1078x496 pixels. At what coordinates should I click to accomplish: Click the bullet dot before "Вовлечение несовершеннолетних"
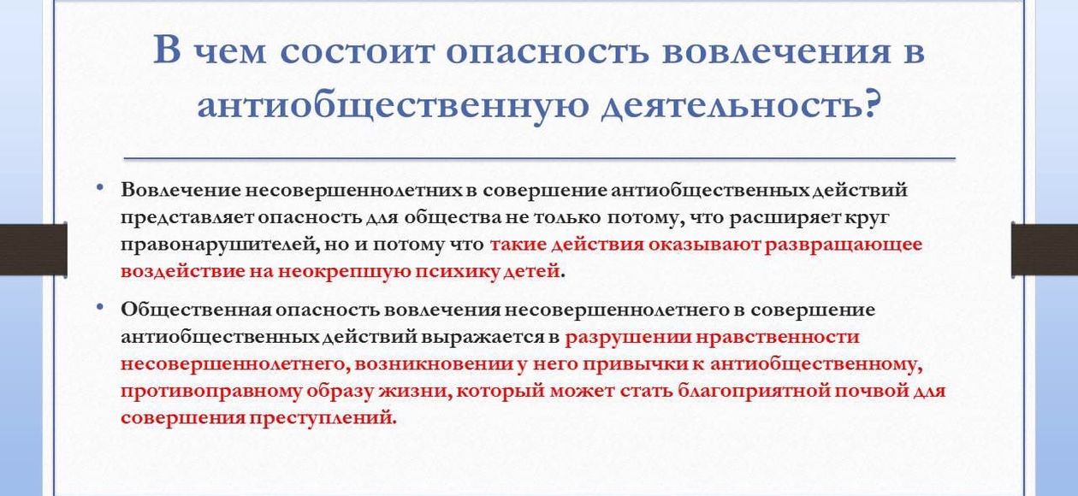click(x=99, y=186)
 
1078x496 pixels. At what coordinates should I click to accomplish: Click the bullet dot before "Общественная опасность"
click(x=99, y=306)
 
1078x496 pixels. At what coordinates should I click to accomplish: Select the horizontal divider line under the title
click(x=540, y=158)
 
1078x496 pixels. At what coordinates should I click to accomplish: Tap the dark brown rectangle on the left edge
click(x=33, y=249)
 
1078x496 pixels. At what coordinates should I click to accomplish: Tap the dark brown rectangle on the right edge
click(x=1045, y=250)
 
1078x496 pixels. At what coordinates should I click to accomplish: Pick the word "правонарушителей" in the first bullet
click(x=220, y=245)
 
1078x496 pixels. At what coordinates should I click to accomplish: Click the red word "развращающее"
click(x=844, y=245)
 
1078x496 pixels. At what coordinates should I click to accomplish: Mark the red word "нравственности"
click(x=778, y=338)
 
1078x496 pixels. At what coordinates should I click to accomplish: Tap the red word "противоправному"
click(x=210, y=392)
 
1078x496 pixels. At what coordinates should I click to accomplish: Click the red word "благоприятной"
click(x=753, y=391)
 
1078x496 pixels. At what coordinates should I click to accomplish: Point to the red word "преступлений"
click(x=323, y=417)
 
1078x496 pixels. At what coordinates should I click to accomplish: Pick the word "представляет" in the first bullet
click(x=187, y=218)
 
